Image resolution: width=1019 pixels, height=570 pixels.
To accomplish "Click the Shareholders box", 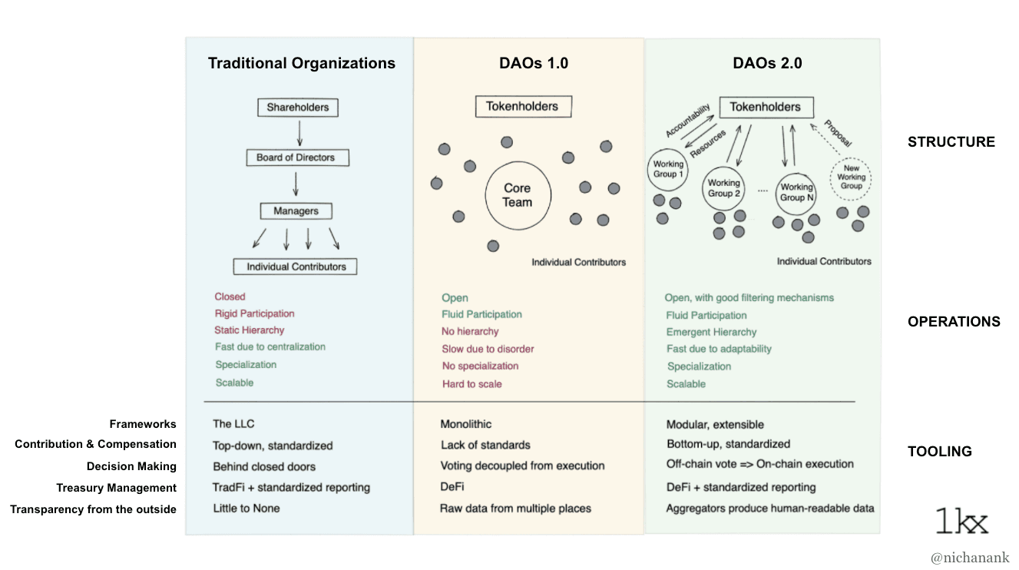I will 297,108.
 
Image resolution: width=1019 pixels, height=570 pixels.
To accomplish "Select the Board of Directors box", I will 296,157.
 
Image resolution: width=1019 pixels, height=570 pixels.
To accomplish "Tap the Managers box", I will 296,210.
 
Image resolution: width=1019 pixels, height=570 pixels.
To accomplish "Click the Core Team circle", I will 517,196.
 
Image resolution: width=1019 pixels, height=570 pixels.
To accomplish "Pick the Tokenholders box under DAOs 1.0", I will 522,107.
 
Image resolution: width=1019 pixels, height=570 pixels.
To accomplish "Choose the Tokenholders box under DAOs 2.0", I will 765,108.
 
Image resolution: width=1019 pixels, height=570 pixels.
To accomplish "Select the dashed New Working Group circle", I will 851,180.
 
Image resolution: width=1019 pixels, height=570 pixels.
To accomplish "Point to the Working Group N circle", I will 796,192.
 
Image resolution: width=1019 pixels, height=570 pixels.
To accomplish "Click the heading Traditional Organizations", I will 301,64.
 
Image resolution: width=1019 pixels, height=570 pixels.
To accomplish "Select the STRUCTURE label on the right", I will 951,142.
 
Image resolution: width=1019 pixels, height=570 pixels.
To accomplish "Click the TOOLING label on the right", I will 939,452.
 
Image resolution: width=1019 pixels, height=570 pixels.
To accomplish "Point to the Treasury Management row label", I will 116,488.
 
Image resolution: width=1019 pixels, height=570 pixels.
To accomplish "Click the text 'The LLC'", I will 233,424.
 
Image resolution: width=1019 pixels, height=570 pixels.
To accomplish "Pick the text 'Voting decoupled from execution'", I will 522,466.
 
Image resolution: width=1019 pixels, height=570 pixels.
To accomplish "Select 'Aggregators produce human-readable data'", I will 769,509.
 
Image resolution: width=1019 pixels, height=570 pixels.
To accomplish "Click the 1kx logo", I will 961,521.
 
